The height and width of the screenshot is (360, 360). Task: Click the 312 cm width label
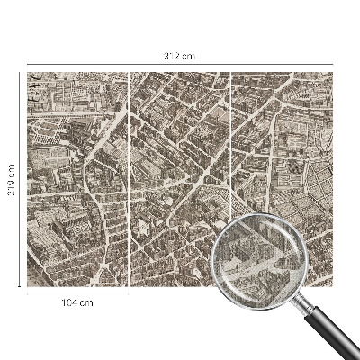click(x=180, y=57)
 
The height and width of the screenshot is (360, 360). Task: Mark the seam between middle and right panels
click(x=231, y=144)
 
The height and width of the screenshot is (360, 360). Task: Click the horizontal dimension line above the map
click(x=108, y=65)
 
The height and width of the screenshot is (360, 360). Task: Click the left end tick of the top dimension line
click(x=27, y=65)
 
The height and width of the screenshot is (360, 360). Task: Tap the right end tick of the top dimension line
click(x=334, y=65)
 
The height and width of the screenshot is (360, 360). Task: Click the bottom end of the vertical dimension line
click(x=21, y=288)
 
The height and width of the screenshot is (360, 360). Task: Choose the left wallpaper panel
click(x=77, y=180)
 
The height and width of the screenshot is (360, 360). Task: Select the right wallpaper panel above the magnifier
click(x=283, y=135)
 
